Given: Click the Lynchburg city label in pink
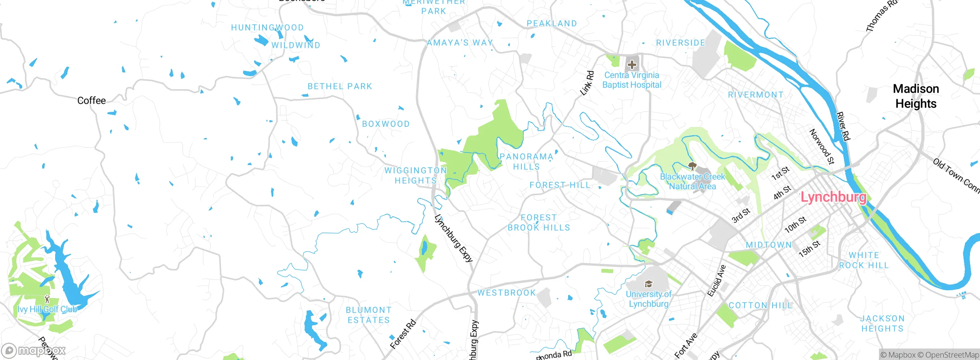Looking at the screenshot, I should click(x=833, y=197).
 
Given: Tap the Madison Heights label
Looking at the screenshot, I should click(x=916, y=96).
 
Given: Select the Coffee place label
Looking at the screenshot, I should click(x=91, y=100).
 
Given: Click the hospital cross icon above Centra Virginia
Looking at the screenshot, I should click(x=632, y=64).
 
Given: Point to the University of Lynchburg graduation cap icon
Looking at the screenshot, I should click(x=648, y=284).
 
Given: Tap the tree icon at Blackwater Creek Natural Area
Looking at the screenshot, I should click(x=692, y=166).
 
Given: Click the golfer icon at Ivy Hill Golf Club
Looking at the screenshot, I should click(x=47, y=299).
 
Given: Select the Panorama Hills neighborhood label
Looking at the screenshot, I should click(x=526, y=162).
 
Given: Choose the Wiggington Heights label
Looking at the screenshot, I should click(x=416, y=175).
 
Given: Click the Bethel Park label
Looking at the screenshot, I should click(x=340, y=87).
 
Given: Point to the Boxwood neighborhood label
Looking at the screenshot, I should click(x=386, y=124).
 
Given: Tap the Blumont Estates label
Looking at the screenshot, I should click(x=369, y=315).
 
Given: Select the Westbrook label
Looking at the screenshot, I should click(x=506, y=293).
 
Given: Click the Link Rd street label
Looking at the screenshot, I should click(x=587, y=83).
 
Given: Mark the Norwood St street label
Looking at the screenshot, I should click(x=822, y=147).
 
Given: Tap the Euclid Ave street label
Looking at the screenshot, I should click(x=716, y=281).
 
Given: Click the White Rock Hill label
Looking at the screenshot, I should click(x=864, y=260).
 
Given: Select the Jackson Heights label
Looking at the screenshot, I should click(x=882, y=324).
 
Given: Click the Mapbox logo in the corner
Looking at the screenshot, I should click(x=34, y=350).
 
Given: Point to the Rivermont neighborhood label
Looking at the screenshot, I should click(x=756, y=95).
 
